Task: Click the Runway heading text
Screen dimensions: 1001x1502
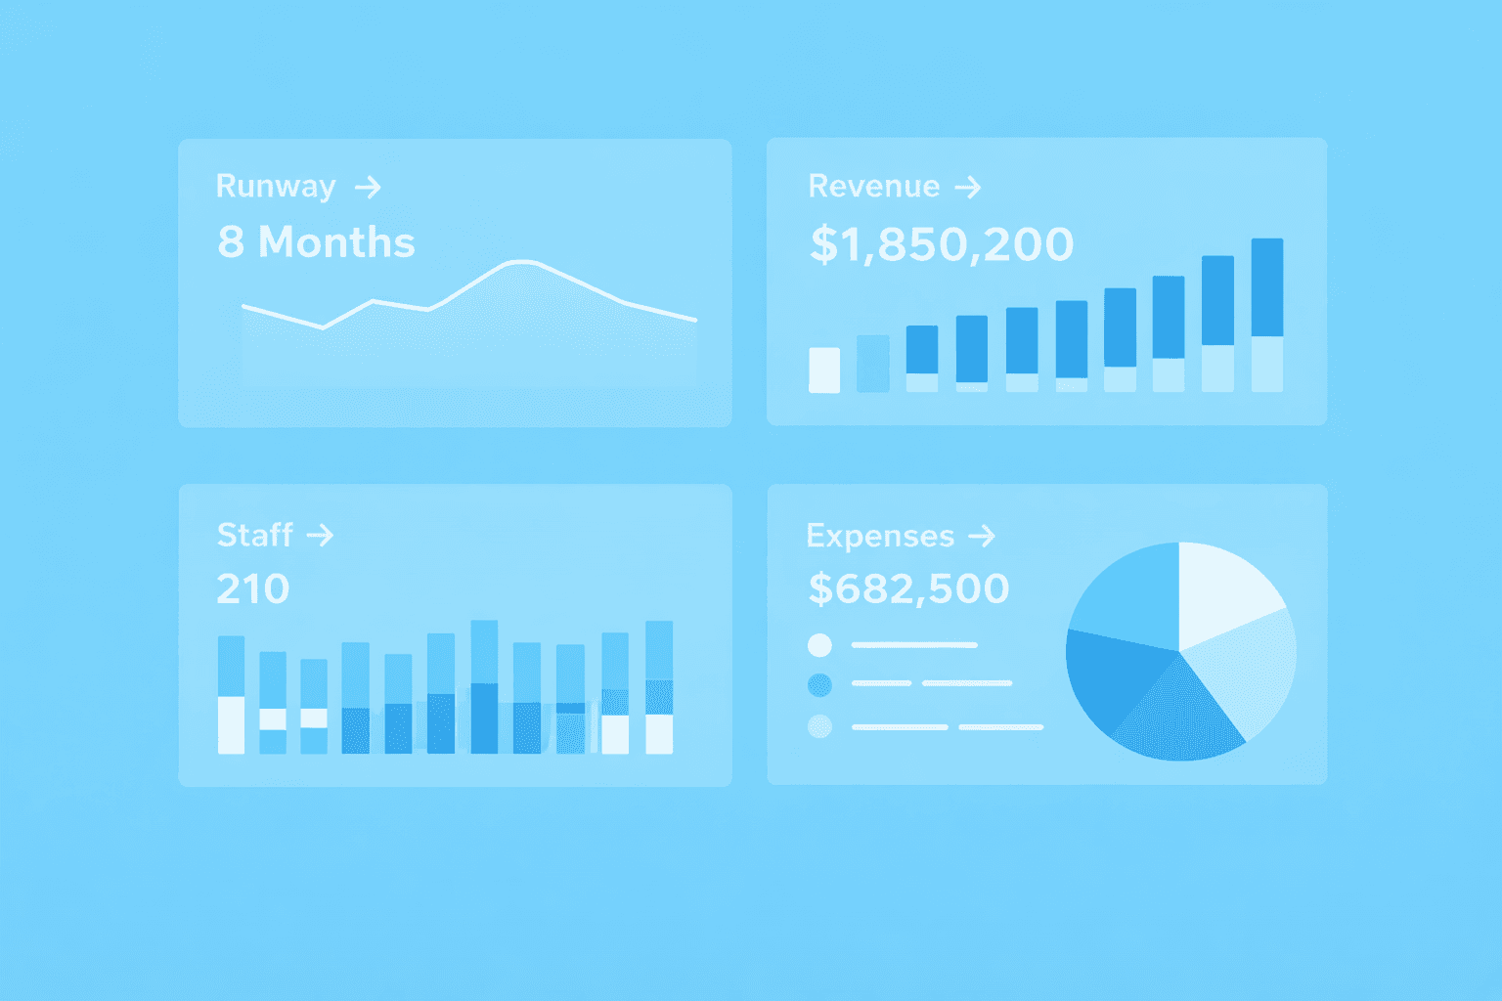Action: [275, 186]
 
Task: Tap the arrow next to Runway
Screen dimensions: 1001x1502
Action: [368, 187]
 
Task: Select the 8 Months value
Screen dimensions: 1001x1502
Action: [316, 242]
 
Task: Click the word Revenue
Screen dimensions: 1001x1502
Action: [873, 186]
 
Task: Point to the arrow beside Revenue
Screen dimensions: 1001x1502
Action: [967, 187]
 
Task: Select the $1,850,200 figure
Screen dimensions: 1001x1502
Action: [941, 244]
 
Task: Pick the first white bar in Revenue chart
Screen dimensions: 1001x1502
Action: [824, 370]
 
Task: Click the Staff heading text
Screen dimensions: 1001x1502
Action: [254, 535]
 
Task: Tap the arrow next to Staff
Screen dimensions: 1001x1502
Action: [320, 535]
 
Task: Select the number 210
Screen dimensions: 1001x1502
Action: [252, 588]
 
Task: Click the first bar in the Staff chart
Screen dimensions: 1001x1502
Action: [231, 694]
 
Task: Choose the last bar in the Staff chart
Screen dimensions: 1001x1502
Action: [659, 686]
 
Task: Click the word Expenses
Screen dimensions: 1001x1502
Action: [879, 536]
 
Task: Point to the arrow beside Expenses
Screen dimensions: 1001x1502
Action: [981, 536]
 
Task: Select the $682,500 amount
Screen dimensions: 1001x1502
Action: [908, 588]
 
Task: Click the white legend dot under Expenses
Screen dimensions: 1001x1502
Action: [819, 645]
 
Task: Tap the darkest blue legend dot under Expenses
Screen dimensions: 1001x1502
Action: [819, 685]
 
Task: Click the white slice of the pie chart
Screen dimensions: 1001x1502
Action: [1226, 589]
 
